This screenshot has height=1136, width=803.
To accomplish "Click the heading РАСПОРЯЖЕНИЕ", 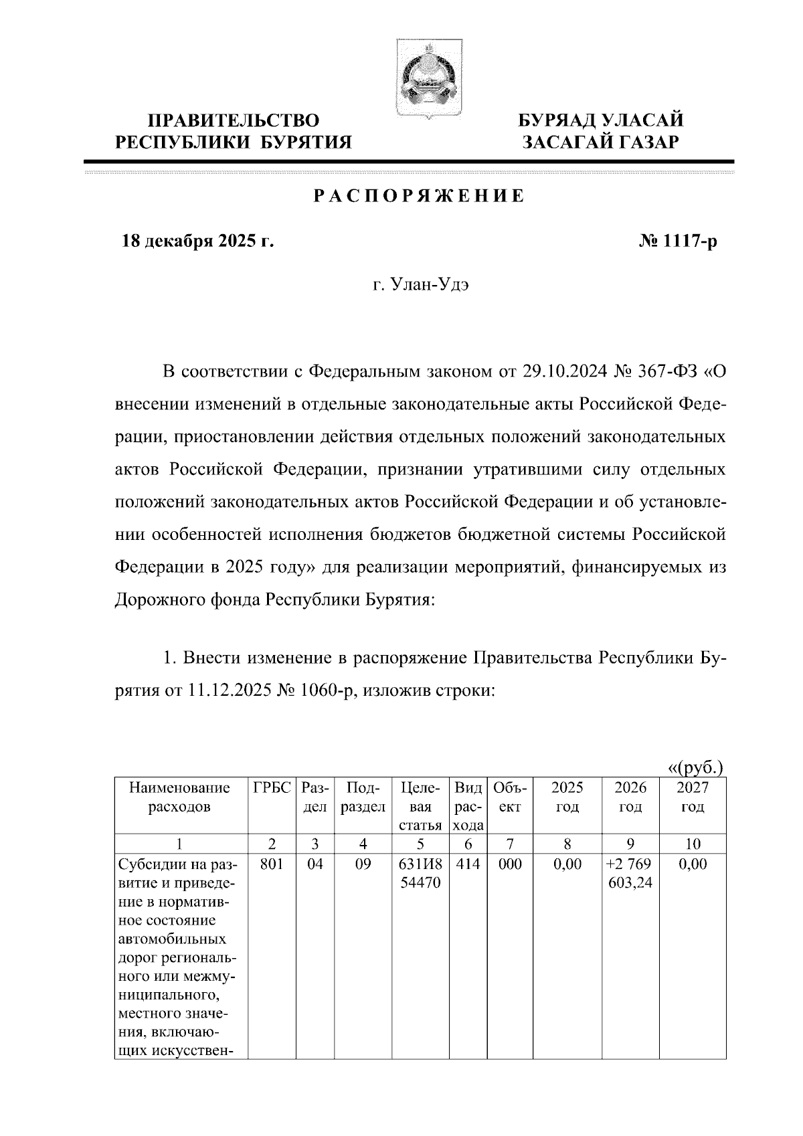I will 419,196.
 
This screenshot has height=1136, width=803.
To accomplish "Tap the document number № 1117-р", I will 678,242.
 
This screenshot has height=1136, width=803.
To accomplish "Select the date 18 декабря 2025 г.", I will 197,242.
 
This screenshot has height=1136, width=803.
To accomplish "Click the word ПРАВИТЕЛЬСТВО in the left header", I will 234,121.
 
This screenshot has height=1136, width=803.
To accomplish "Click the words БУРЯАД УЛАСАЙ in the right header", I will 602,121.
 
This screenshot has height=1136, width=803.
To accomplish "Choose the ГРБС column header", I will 272,788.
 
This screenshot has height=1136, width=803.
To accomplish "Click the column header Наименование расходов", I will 179,797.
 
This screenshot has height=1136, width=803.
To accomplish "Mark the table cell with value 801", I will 272,864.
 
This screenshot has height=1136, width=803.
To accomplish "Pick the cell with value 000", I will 510,864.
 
